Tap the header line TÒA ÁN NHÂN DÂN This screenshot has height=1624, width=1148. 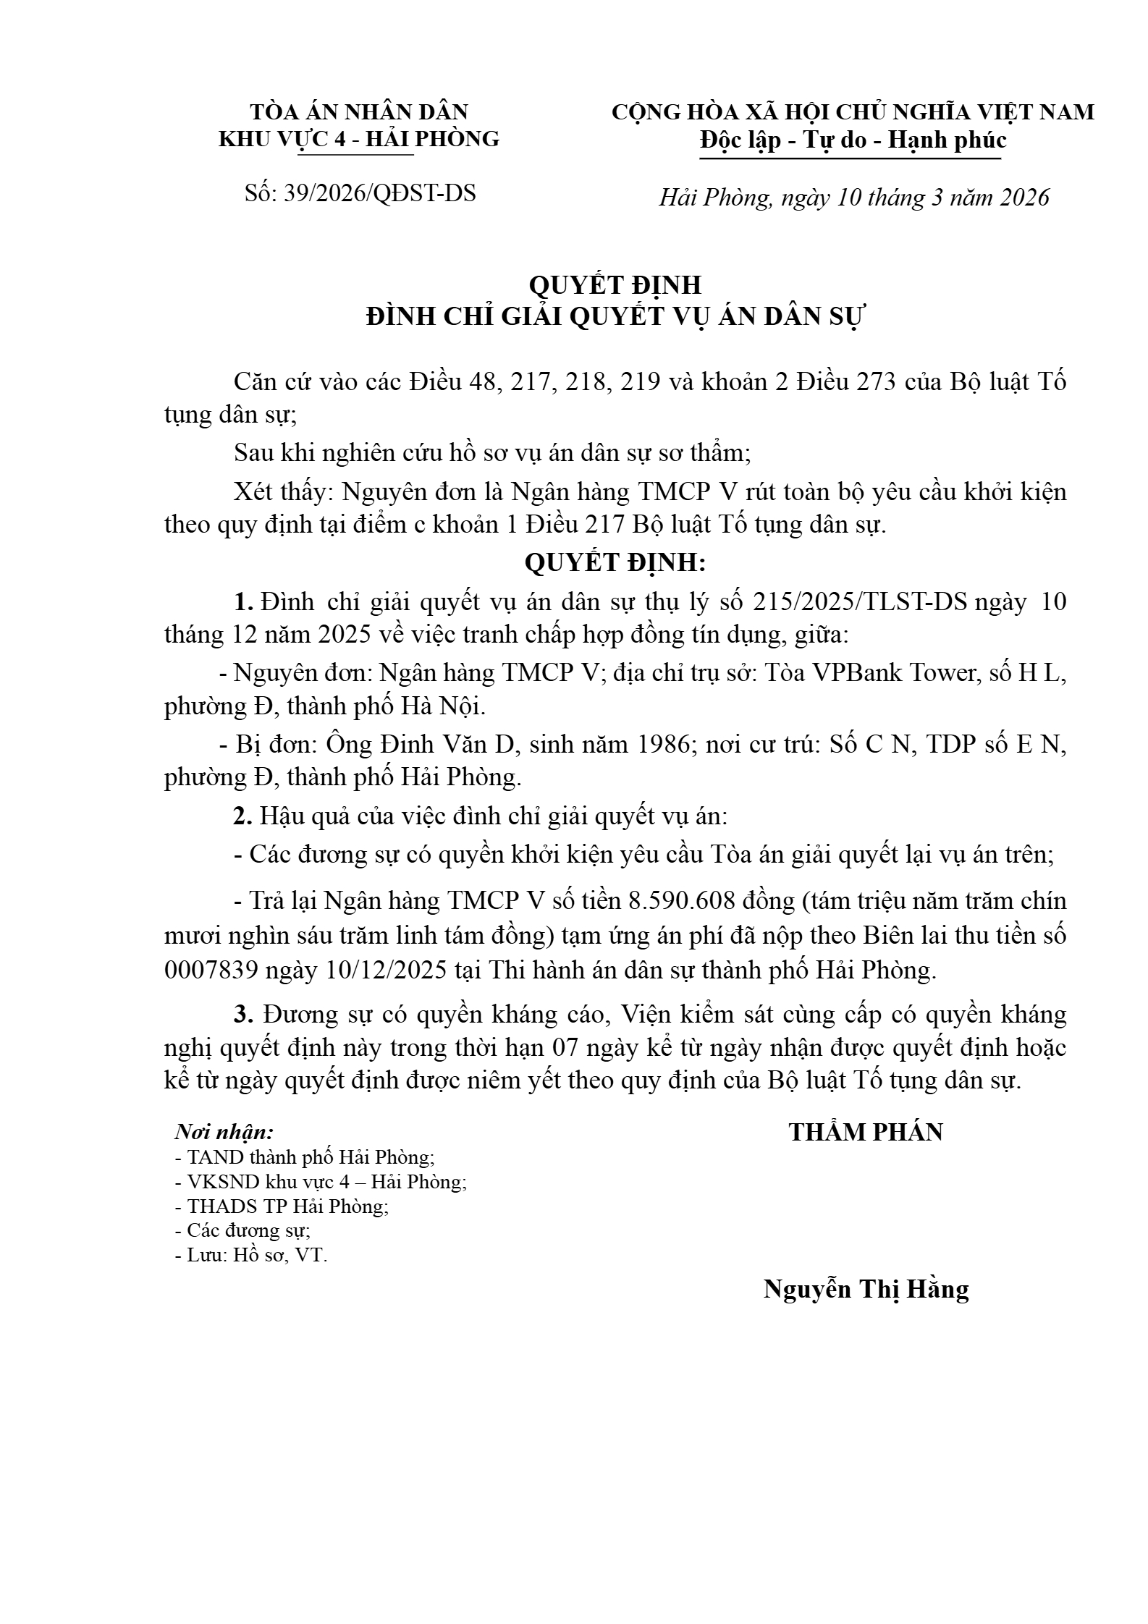359,112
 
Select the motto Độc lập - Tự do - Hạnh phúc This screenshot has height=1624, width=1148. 853,139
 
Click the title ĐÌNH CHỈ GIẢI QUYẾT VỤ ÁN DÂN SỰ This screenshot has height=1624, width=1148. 615,317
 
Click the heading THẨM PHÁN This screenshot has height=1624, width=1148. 866,1133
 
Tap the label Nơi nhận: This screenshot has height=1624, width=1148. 224,1132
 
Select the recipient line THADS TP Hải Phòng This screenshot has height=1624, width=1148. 287,1206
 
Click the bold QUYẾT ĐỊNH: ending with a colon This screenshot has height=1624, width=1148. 615,562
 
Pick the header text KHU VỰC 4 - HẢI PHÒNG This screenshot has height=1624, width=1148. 359,139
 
